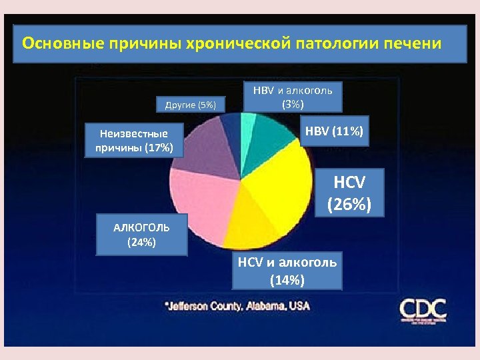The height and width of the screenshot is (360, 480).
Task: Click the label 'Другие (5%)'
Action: pyautogui.click(x=191, y=103)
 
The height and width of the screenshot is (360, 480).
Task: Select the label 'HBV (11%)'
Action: pyautogui.click(x=334, y=133)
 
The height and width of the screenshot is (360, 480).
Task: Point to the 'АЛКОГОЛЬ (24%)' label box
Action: pyautogui.click(x=141, y=235)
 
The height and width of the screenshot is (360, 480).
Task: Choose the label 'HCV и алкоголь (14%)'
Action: pyautogui.click(x=287, y=271)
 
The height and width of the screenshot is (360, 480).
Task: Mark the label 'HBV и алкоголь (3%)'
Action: pyautogui.click(x=293, y=97)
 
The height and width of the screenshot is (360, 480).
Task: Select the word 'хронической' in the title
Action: pyautogui.click(x=237, y=44)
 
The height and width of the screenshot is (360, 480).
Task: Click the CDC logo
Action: pyautogui.click(x=423, y=310)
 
